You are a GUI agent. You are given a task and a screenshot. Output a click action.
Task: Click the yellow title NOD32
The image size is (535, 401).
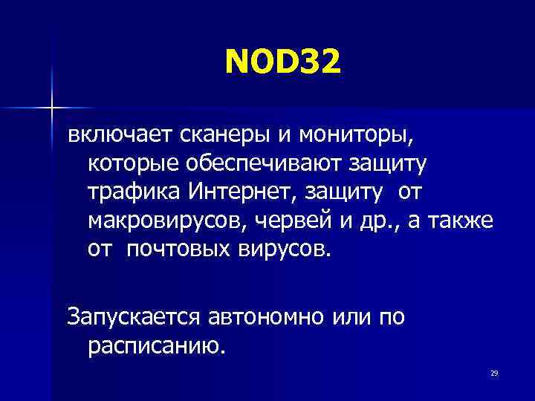[283, 62]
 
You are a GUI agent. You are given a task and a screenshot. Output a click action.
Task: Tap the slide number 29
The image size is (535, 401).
[493, 373]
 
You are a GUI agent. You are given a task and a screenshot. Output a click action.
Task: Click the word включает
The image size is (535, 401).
[118, 135]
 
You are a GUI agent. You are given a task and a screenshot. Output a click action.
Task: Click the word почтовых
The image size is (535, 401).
[175, 248]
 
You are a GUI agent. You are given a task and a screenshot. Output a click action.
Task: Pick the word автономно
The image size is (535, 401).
[259, 317]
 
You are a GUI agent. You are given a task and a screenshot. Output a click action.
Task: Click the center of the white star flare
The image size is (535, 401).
[52, 108]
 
